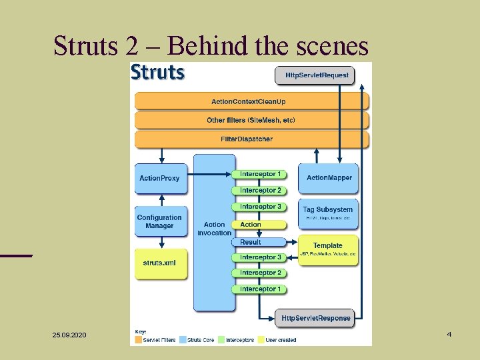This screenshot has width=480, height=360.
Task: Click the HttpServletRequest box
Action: [317, 75]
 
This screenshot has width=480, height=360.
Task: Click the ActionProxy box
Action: [159, 179]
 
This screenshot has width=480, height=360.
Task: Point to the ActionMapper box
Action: [328, 179]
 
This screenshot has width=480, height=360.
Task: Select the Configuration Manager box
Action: [159, 222]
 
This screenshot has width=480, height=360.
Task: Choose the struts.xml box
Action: [159, 263]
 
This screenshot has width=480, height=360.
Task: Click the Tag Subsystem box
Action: [328, 213]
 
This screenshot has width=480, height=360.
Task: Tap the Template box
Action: [328, 249]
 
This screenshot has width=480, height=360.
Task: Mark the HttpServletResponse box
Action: [315, 318]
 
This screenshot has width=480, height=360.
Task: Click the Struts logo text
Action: [158, 72]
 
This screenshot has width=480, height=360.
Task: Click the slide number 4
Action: [449, 333]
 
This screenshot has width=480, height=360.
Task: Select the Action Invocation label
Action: [214, 229]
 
